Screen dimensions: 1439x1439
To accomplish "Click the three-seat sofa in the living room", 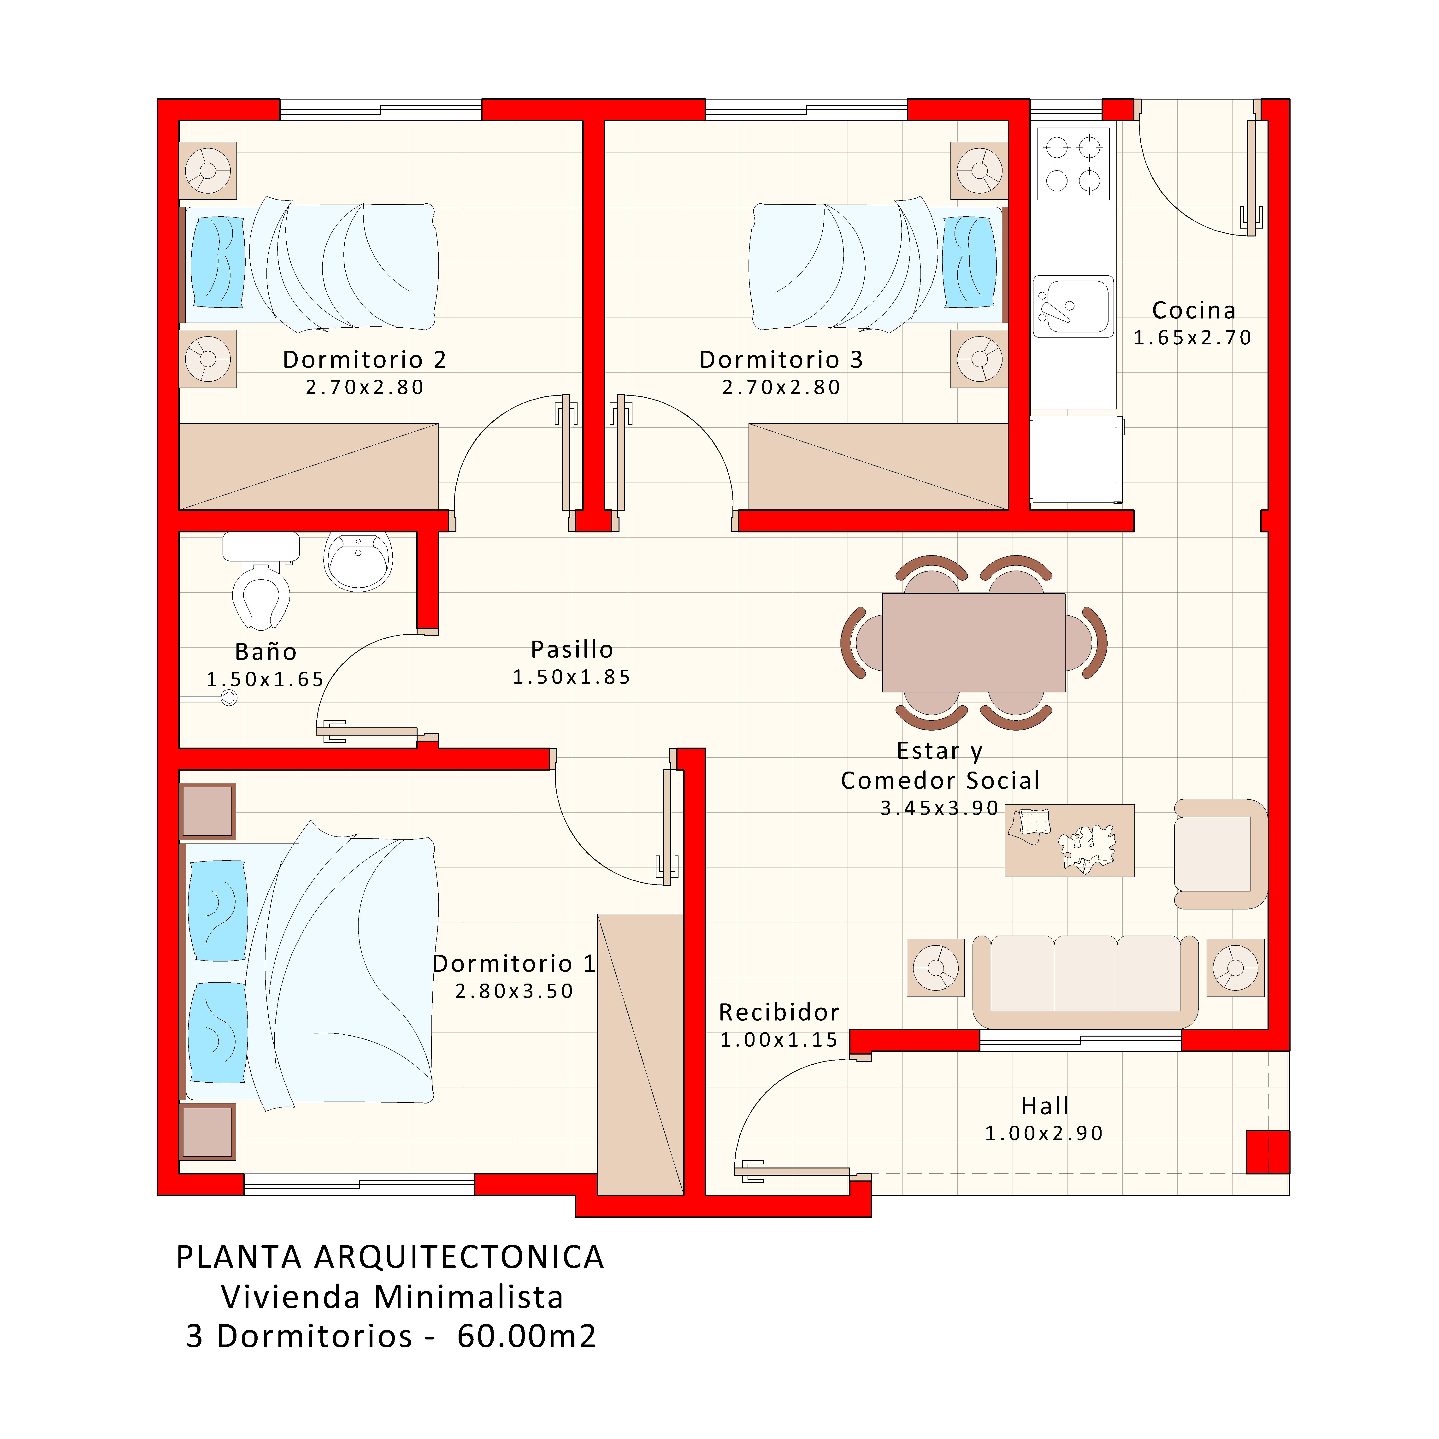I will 1085,979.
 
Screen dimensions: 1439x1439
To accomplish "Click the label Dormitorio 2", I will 364,360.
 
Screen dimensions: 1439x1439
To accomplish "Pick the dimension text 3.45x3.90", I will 939,808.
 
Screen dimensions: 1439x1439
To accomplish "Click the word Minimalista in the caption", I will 468,1297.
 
